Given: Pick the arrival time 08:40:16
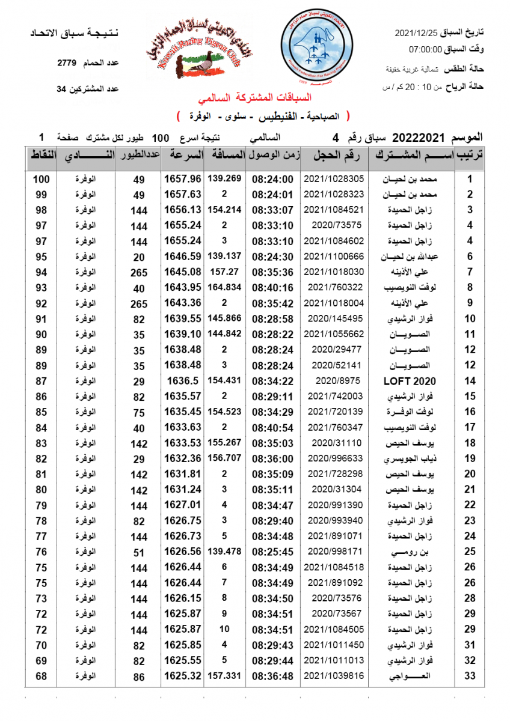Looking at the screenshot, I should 272,288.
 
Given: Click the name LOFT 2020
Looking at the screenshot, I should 410,381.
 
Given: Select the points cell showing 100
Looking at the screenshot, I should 41,179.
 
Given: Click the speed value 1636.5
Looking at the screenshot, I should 183,381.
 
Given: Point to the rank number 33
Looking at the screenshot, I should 470,677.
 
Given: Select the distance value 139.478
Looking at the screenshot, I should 224,551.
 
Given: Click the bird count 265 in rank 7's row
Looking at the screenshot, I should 139,273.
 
